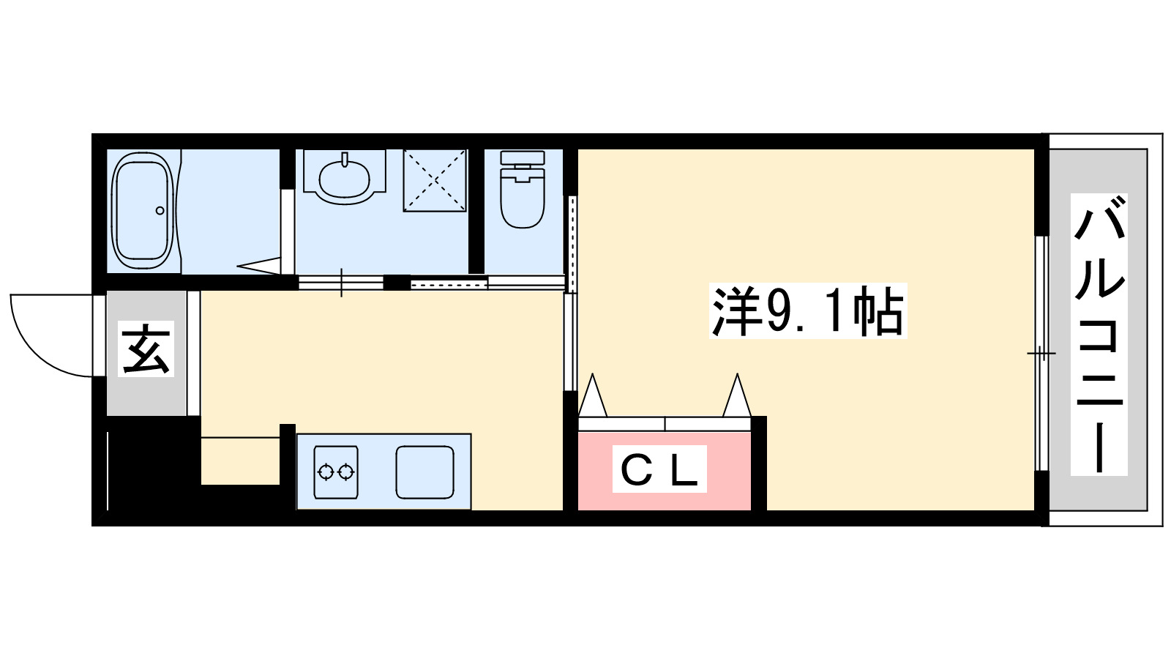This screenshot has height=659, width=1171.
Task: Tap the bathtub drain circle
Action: click(160, 211)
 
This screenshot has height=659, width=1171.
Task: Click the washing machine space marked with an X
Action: click(435, 180)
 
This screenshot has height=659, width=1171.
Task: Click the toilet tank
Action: click(523, 157)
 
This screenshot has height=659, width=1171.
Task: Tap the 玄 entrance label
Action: click(146, 349)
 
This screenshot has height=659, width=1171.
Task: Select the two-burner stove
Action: click(336, 472)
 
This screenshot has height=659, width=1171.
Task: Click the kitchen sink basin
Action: click(424, 472)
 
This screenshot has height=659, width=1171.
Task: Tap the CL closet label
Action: click(659, 469)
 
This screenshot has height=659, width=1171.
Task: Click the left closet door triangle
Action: click(593, 395)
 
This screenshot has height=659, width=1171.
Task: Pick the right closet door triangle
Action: click(737, 395)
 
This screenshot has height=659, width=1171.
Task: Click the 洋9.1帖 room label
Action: click(808, 310)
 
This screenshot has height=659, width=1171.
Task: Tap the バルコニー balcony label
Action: click(1099, 335)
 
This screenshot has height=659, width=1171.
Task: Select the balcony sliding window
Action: click(1042, 354)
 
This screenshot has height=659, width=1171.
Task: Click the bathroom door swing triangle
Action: click(259, 266)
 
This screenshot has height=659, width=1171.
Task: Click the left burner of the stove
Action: click(326, 472)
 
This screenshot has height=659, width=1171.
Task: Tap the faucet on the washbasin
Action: click(345, 160)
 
